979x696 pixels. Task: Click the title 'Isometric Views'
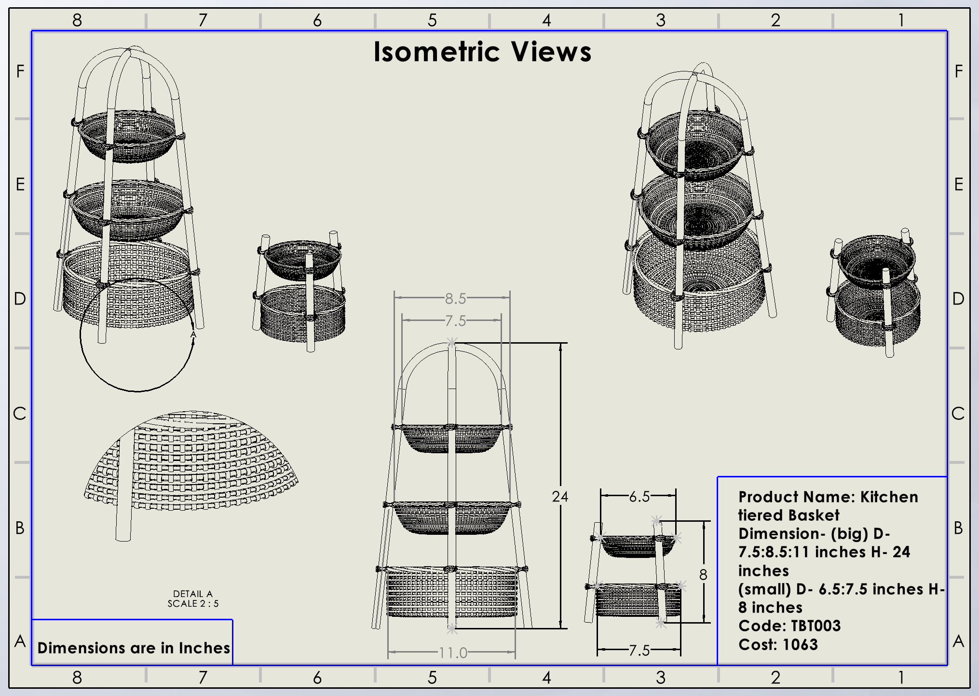(x=482, y=52)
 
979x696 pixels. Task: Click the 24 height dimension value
(x=560, y=496)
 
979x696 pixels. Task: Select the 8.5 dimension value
(x=455, y=298)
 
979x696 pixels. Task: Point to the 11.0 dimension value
(x=453, y=653)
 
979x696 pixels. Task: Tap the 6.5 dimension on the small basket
(x=639, y=496)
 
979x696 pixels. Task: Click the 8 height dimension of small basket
(x=703, y=574)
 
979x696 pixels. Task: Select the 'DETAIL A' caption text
(x=193, y=594)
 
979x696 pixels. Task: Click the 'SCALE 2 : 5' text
(x=193, y=603)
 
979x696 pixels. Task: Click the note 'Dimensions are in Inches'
(x=134, y=648)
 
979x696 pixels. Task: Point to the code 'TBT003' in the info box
(x=816, y=626)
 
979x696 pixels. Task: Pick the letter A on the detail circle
(x=193, y=334)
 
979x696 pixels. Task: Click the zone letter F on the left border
(x=20, y=71)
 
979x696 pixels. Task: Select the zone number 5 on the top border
(x=432, y=20)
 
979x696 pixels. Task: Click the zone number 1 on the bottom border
(x=900, y=678)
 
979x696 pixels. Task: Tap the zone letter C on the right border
(x=958, y=413)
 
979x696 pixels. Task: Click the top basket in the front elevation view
(x=451, y=438)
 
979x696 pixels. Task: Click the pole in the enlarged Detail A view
(x=124, y=487)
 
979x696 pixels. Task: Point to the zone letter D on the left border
(x=20, y=299)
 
